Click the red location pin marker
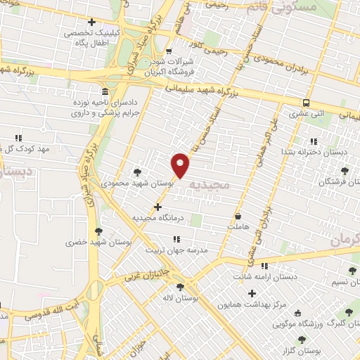(x=181, y=165)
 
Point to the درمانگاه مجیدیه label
(x=157, y=218)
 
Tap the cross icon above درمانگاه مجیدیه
(x=157, y=207)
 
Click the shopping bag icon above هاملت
(x=239, y=217)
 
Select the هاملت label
(x=239, y=228)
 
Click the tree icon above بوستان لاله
(x=181, y=287)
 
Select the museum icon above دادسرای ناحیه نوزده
(x=104, y=92)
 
